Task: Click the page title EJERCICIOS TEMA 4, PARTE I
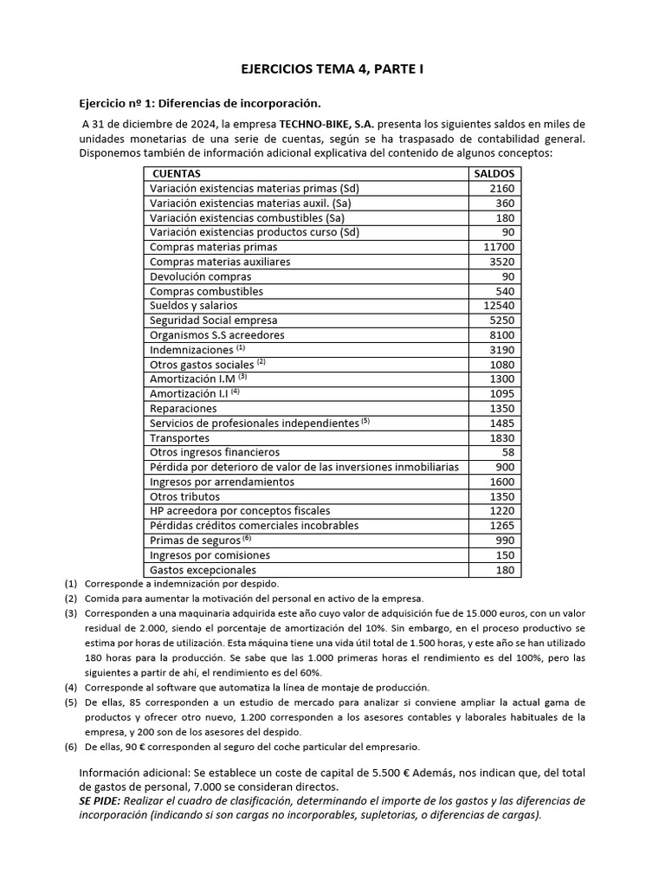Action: coord(332,68)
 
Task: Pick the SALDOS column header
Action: coord(494,173)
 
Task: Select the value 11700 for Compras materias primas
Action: coord(499,247)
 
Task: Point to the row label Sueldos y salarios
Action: coord(193,306)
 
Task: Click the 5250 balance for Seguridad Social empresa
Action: coord(501,320)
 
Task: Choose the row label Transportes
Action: coord(179,438)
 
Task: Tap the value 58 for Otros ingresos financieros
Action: coord(507,452)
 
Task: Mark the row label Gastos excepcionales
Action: coord(203,570)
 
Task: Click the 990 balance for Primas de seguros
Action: coord(505,541)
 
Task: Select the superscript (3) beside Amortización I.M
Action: coord(243,377)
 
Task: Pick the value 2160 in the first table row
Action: coord(501,188)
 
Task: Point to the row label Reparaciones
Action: coord(183,409)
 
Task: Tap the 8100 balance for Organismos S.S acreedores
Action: coord(501,335)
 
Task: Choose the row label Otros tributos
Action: coord(184,497)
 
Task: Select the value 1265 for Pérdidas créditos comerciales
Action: coord(501,526)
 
